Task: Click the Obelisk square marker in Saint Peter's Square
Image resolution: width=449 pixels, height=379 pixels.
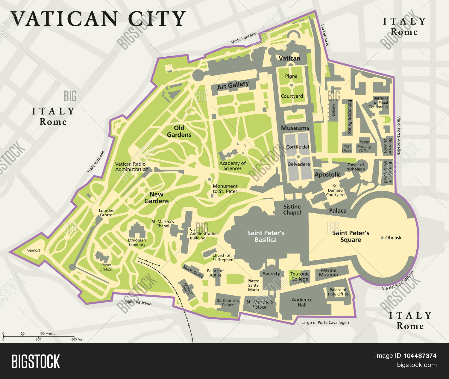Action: coord(382,238)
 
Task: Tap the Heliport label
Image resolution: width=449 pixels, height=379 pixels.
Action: coord(33,250)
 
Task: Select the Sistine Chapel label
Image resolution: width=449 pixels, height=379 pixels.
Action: coord(292,210)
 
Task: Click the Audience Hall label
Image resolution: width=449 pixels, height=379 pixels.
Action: coord(302,302)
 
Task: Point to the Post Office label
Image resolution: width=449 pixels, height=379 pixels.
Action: coord(347,148)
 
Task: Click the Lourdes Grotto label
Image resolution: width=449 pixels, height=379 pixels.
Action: coord(106,213)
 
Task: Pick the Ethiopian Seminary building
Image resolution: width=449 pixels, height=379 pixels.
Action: coord(137,231)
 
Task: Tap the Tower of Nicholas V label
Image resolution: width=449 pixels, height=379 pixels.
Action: coord(356,167)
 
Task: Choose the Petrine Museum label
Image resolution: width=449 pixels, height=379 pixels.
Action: coord(328,272)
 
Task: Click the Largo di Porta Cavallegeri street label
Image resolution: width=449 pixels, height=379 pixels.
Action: coord(325,322)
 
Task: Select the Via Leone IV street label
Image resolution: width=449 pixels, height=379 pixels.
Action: coord(325,35)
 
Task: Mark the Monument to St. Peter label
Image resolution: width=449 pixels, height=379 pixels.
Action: coord(225,188)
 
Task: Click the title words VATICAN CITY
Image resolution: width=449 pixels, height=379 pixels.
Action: coord(98,19)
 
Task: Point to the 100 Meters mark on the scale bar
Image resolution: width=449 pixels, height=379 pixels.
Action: coord(47,333)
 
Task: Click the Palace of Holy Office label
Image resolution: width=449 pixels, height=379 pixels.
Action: coord(338,292)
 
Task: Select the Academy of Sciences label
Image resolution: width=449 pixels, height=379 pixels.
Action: coord(232,166)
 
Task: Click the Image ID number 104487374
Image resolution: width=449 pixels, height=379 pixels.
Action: coord(420,356)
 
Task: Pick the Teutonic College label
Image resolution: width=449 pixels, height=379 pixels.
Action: coord(300,276)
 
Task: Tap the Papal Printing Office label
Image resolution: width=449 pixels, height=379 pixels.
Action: coord(364,147)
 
